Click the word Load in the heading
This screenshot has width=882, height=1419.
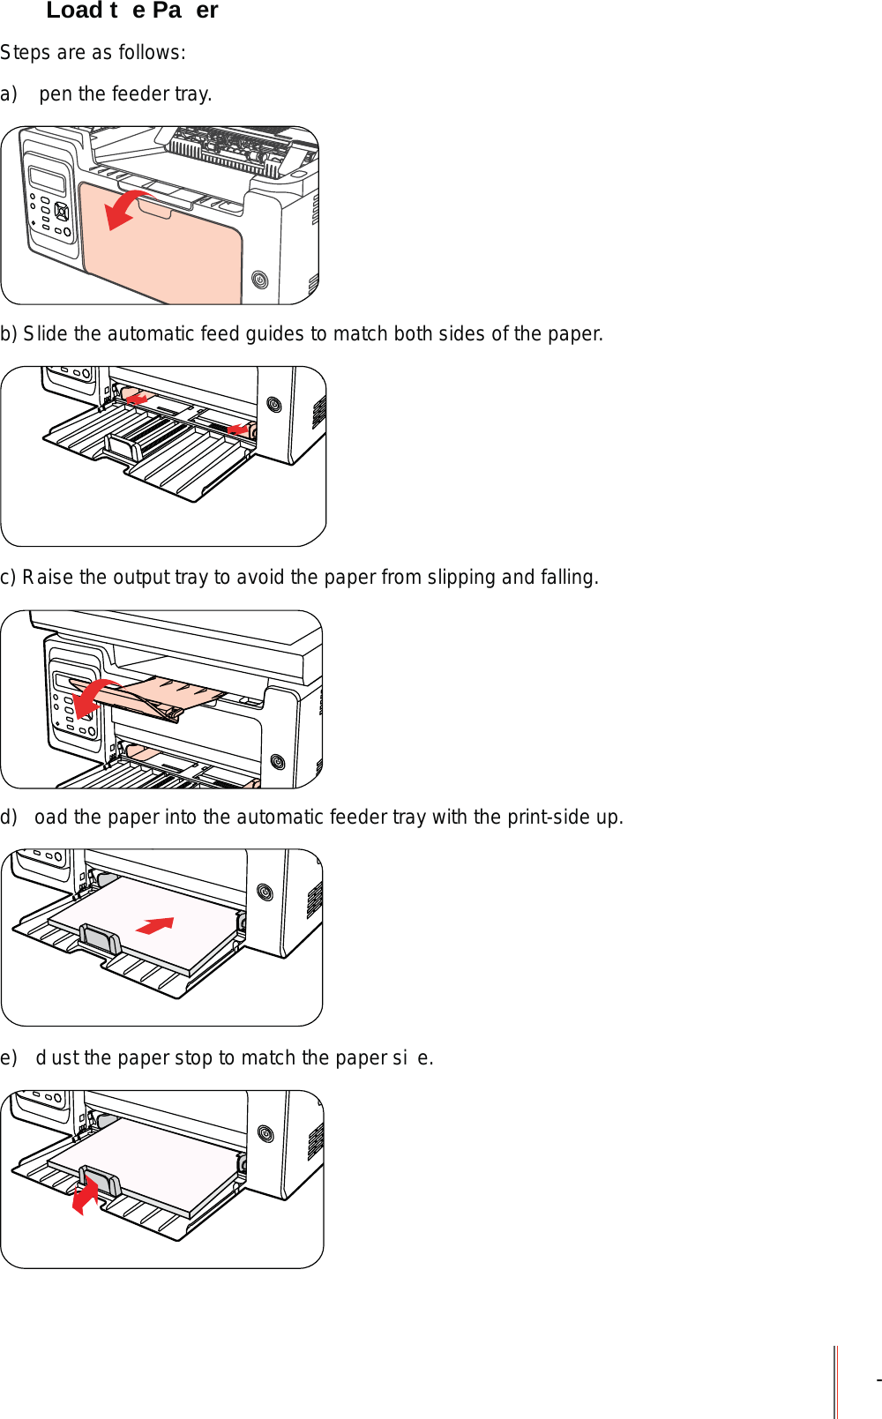(73, 11)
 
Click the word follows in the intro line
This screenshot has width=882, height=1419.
(155, 53)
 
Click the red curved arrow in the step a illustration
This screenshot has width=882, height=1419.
(125, 207)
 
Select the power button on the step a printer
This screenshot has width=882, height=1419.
(259, 280)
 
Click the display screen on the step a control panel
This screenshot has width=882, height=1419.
(48, 179)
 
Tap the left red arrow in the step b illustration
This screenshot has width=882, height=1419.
(136, 400)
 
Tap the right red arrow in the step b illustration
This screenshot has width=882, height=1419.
(238, 429)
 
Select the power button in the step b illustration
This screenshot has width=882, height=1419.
(274, 405)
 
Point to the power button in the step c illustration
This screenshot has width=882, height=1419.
(277, 761)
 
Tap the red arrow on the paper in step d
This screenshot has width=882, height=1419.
(156, 925)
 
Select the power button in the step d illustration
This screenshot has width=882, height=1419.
(265, 892)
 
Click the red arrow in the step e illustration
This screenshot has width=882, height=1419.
(85, 1198)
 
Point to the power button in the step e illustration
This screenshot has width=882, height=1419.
(265, 1133)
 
